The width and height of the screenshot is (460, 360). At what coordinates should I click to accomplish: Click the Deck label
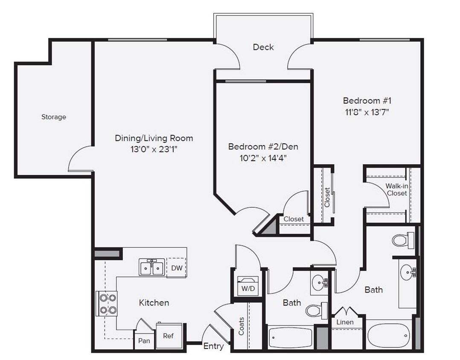(x=263, y=47)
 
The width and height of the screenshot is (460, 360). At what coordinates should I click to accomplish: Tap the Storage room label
(x=54, y=117)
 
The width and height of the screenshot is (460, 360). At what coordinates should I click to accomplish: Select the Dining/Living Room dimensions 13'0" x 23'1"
(x=154, y=150)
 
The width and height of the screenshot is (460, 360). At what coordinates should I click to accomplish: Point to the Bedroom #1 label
(x=367, y=101)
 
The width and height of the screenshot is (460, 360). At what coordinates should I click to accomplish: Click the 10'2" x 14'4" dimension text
(x=263, y=158)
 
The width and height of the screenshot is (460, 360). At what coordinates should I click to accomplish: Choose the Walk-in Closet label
(x=396, y=189)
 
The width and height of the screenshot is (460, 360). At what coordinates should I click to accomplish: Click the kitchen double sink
(x=151, y=267)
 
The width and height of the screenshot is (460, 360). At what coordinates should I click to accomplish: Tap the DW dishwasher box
(x=176, y=267)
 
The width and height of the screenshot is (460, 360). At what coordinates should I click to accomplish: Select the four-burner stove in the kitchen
(x=107, y=304)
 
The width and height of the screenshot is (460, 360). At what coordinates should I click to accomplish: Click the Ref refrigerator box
(x=168, y=336)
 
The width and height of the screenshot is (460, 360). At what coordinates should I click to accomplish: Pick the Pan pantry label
(x=144, y=341)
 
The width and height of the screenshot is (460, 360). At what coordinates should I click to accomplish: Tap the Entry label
(x=213, y=346)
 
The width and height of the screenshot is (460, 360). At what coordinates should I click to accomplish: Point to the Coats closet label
(x=242, y=326)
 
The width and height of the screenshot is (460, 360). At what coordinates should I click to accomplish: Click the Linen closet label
(x=345, y=322)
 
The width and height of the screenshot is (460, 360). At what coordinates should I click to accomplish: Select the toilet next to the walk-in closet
(x=402, y=240)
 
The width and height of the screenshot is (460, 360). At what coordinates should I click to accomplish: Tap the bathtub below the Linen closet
(x=388, y=336)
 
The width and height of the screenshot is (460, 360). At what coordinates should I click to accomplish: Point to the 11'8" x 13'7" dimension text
(x=367, y=112)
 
